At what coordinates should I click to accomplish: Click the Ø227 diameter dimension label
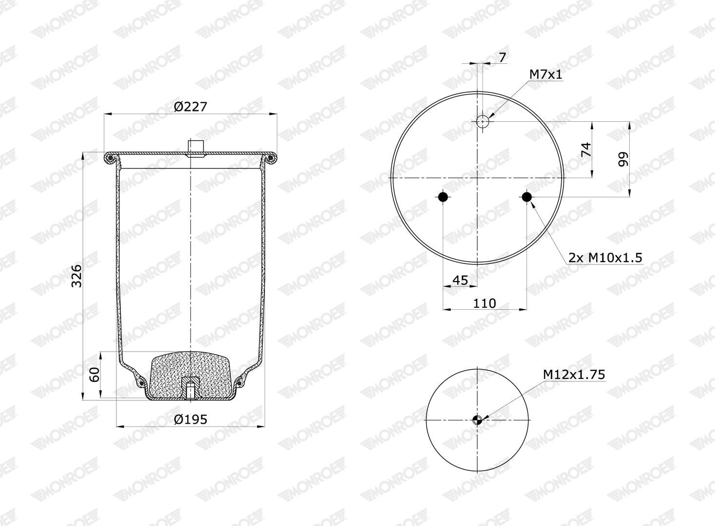pos(190,107)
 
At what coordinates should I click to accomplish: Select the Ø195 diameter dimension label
pos(190,419)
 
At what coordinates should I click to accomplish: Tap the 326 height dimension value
pos(76,276)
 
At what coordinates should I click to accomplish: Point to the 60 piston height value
pos(94,375)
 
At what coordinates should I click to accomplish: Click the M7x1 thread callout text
pos(546,75)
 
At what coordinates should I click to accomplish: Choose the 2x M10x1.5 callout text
pos(605,257)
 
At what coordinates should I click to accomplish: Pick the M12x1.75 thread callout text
pos(574,375)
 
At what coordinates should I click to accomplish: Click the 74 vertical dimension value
pos(586,150)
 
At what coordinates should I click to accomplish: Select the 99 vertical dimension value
pos(623,159)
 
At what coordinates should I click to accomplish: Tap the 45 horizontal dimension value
pos(460,280)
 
